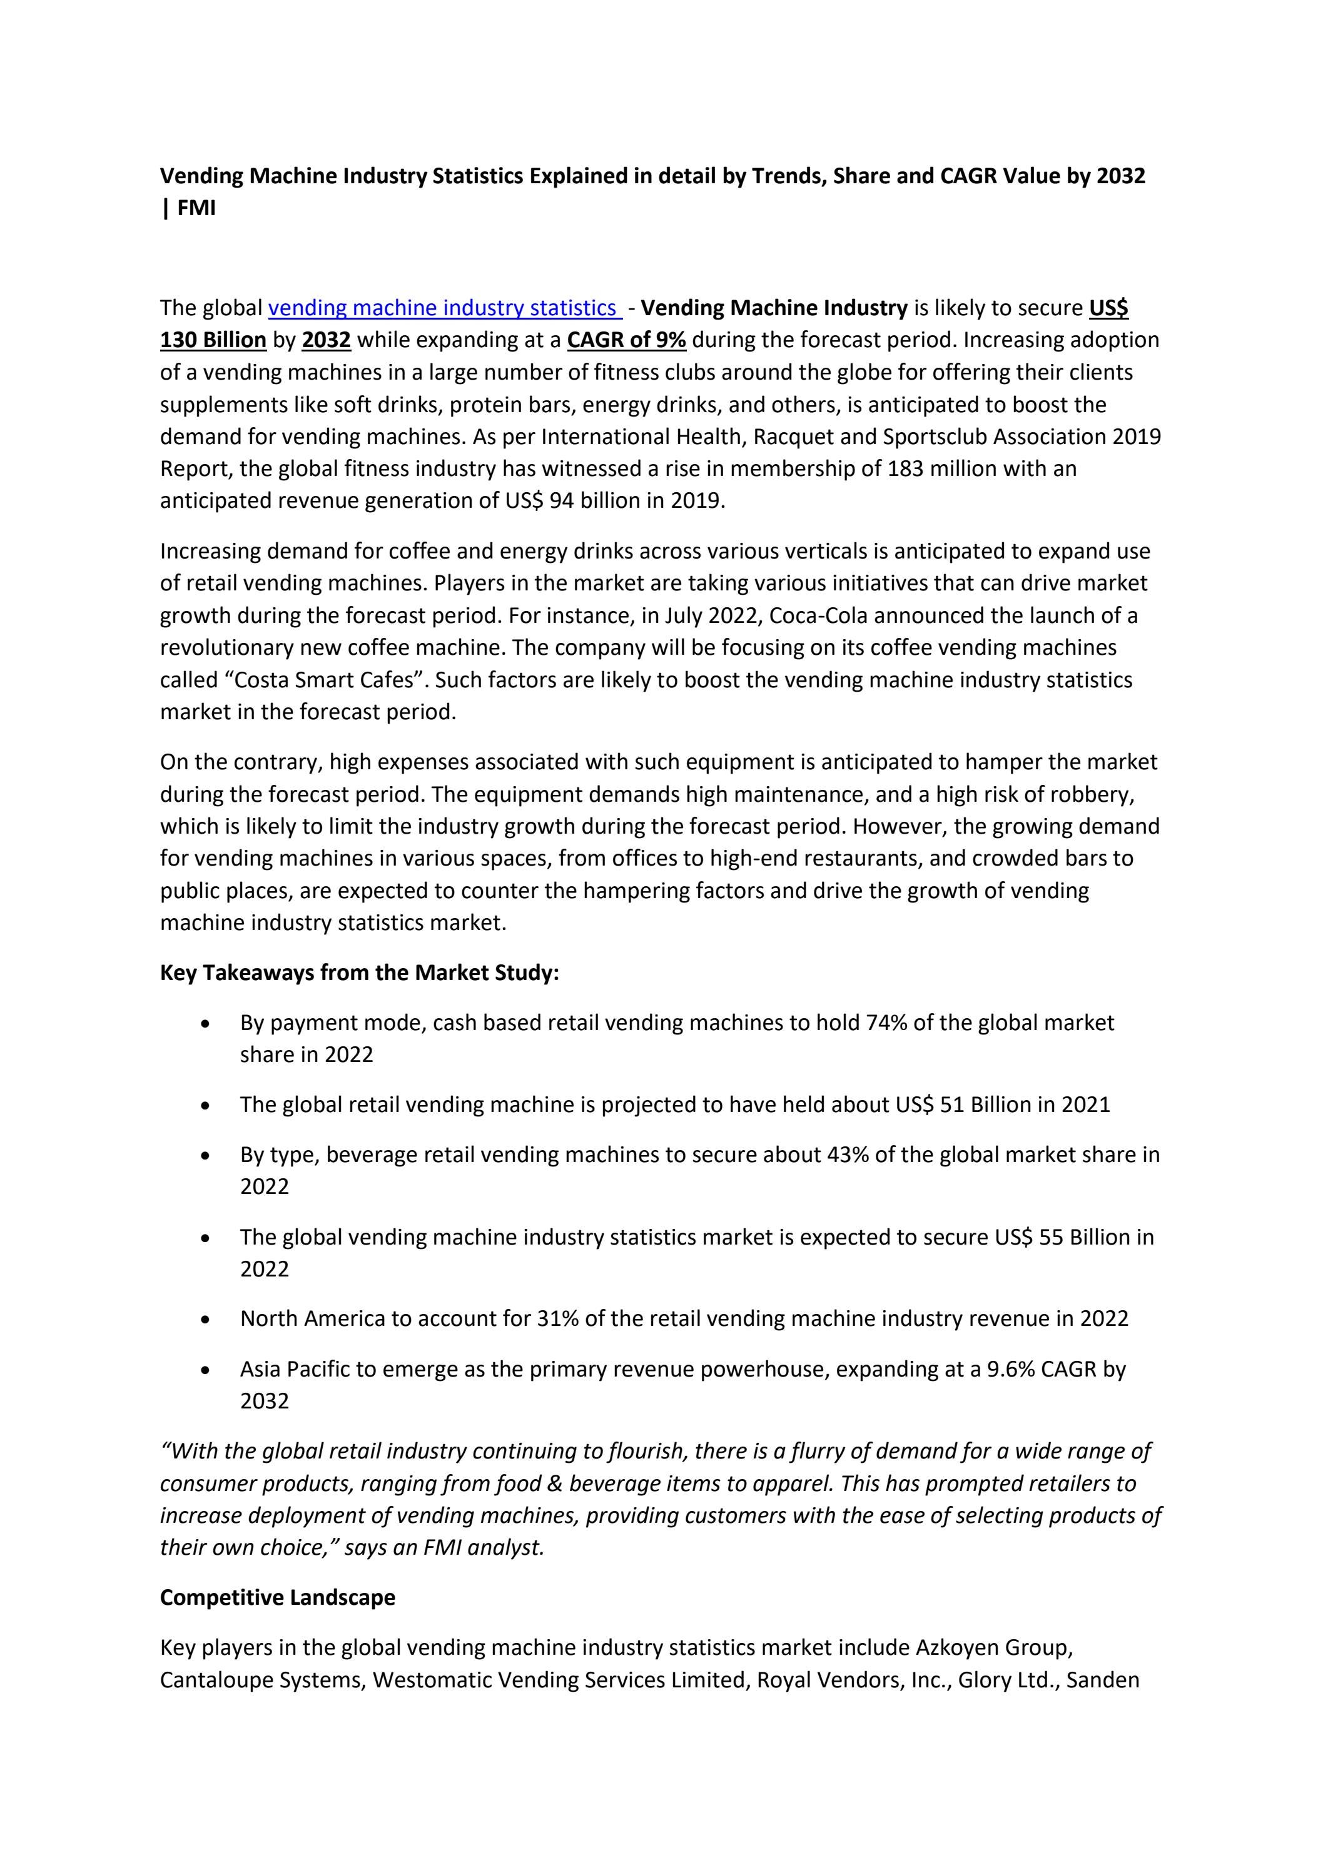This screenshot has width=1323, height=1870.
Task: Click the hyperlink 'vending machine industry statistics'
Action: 444,308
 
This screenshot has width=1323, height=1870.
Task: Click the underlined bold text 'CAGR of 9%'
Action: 626,340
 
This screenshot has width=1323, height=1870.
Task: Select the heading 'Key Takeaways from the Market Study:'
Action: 359,973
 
